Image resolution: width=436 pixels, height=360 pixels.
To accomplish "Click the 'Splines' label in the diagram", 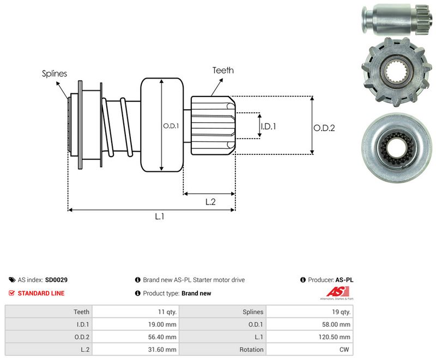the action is (x=55, y=74).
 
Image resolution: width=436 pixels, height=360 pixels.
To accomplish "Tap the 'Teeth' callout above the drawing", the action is (x=223, y=70).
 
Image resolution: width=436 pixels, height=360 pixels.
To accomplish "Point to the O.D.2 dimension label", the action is (x=324, y=128).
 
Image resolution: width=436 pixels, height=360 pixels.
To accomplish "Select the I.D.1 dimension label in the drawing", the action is (x=268, y=127).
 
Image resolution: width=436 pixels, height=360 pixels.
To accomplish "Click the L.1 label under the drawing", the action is (x=160, y=216).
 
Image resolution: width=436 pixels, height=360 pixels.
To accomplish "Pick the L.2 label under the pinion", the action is (x=210, y=202).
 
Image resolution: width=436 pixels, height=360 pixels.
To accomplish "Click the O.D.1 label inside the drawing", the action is (x=171, y=126).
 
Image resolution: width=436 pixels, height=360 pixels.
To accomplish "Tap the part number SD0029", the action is (x=56, y=280).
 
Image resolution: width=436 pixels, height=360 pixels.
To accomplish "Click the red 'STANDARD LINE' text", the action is (x=41, y=293).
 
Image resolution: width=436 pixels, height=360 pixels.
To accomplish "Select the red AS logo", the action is (x=337, y=292).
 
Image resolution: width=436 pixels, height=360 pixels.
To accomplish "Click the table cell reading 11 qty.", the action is (x=136, y=312).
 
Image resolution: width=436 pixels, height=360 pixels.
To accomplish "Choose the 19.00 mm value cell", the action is (x=136, y=325).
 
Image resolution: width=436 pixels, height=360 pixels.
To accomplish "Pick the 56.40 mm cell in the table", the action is (x=136, y=337).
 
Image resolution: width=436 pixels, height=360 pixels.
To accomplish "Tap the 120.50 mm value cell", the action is (x=310, y=337).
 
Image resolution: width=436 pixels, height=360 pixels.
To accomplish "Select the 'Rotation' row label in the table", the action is (x=251, y=350).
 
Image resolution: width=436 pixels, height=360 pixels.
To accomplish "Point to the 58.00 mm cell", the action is (x=310, y=325).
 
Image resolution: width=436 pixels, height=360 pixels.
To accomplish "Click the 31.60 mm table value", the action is (x=136, y=350).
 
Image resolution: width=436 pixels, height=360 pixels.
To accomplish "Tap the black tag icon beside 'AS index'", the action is (x=12, y=280).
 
